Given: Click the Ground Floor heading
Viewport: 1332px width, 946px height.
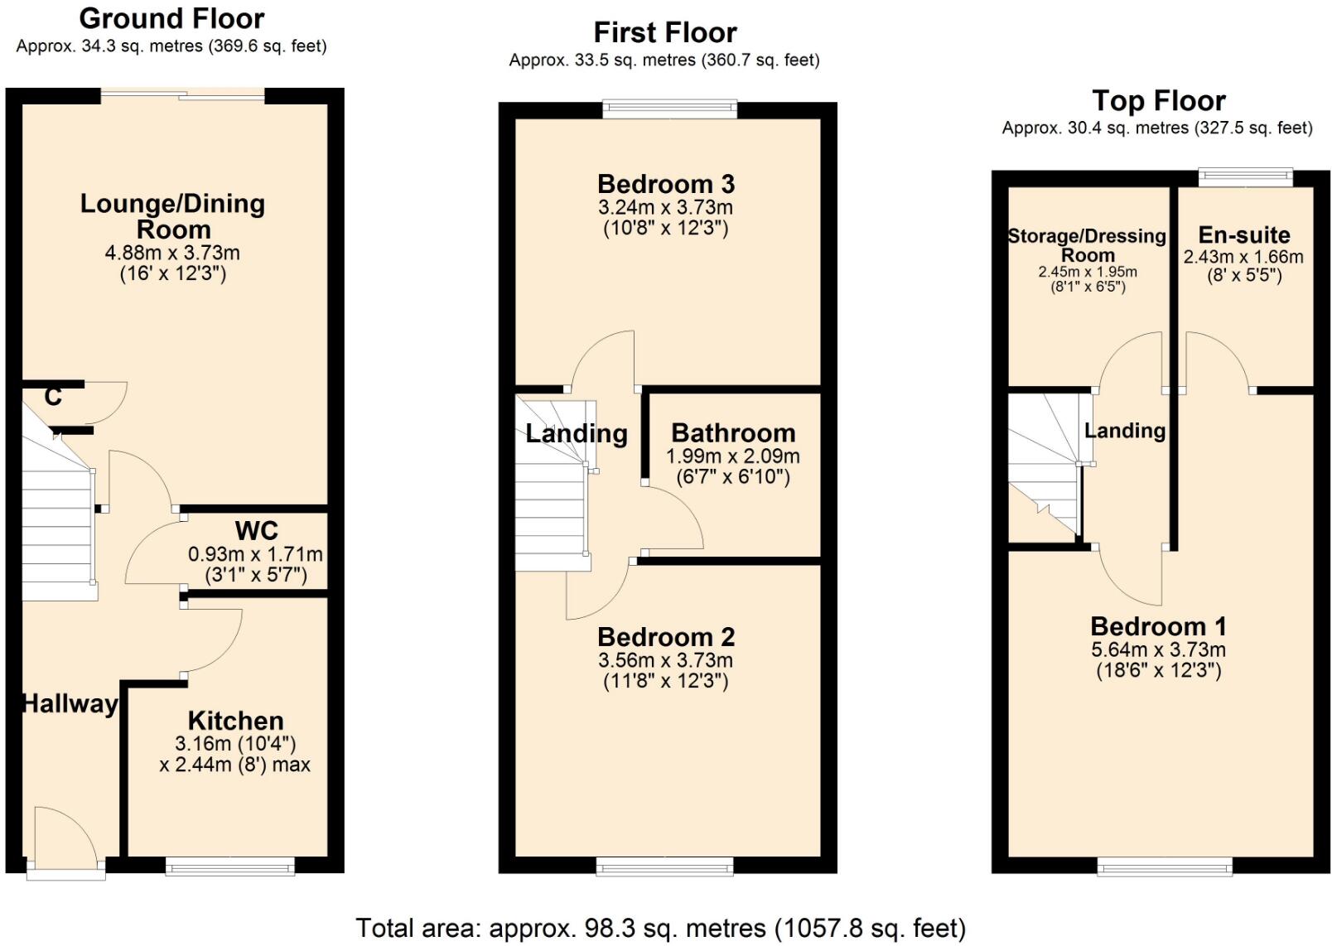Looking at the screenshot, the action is coord(171,19).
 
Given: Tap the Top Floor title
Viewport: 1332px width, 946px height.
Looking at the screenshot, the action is coord(1159,101).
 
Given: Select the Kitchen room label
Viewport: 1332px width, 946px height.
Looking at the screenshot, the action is coord(236,721).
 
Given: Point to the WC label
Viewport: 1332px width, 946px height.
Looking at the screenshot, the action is coord(256,530).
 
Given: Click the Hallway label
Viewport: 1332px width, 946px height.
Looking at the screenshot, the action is coord(70,704).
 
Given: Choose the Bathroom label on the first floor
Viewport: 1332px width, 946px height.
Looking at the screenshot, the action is coord(733,433).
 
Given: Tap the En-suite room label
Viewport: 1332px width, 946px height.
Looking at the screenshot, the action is coord(1244,235).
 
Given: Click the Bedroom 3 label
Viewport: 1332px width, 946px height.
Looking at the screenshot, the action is coord(666,185).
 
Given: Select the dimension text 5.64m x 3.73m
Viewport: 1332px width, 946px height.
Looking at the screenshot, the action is coord(1158,649).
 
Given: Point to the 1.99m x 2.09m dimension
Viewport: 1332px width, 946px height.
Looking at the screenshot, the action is coord(733,456).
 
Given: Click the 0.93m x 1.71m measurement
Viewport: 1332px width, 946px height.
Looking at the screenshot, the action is coord(256,554).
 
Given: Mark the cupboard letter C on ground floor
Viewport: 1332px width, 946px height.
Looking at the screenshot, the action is coord(53,397).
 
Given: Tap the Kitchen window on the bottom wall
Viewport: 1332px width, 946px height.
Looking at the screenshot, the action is coord(230,866).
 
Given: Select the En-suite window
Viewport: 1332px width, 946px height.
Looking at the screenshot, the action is coord(1245,176).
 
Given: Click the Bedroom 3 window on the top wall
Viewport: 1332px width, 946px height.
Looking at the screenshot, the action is coord(669,109).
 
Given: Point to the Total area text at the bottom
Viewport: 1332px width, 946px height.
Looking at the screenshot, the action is coord(661,928).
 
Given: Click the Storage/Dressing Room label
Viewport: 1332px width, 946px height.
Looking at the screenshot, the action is coord(1087,245).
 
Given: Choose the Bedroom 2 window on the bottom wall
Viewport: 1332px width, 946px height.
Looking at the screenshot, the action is coord(665,866).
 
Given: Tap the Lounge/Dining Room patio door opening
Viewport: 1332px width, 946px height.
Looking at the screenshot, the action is coord(182,95).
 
